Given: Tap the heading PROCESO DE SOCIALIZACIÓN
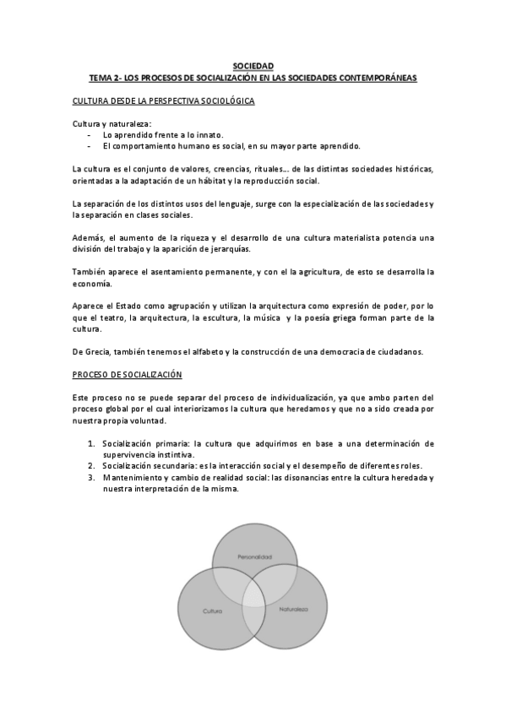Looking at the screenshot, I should tap(128, 374).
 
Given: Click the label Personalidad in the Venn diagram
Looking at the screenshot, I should tap(253, 557).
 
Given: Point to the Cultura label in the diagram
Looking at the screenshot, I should tap(212, 609).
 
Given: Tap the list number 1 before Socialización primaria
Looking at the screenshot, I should tap(90, 443).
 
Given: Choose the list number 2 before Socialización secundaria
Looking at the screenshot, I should tap(90, 465).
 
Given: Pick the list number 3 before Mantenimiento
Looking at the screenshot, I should tap(90, 477).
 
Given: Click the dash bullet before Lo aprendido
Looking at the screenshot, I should tap(89, 134).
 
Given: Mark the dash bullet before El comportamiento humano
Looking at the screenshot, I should tap(89, 145).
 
